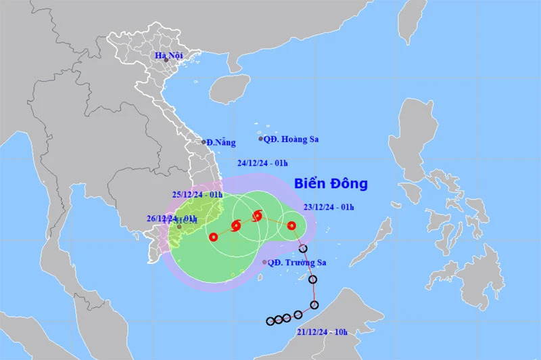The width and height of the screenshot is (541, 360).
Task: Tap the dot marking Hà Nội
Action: pos(166,60)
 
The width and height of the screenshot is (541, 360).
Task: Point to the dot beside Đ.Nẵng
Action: pos(204,142)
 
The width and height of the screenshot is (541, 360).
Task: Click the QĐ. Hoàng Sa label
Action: pos(291,139)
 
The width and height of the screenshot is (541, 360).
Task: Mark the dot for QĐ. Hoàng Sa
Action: pos(260,139)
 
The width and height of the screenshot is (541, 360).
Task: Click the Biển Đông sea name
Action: pos(331,183)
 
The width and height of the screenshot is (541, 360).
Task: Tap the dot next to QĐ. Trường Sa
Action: pos(264,262)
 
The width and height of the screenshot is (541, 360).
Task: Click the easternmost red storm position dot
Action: pos(291,225)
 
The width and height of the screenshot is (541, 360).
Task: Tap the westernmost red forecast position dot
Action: pos(214,237)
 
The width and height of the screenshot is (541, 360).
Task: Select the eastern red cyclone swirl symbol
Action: pos(257,217)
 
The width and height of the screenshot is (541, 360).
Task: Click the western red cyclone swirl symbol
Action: pos(236,227)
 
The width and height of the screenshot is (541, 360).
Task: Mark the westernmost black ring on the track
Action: pos(270,321)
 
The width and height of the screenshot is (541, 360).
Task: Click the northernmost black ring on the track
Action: pos(303,248)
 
